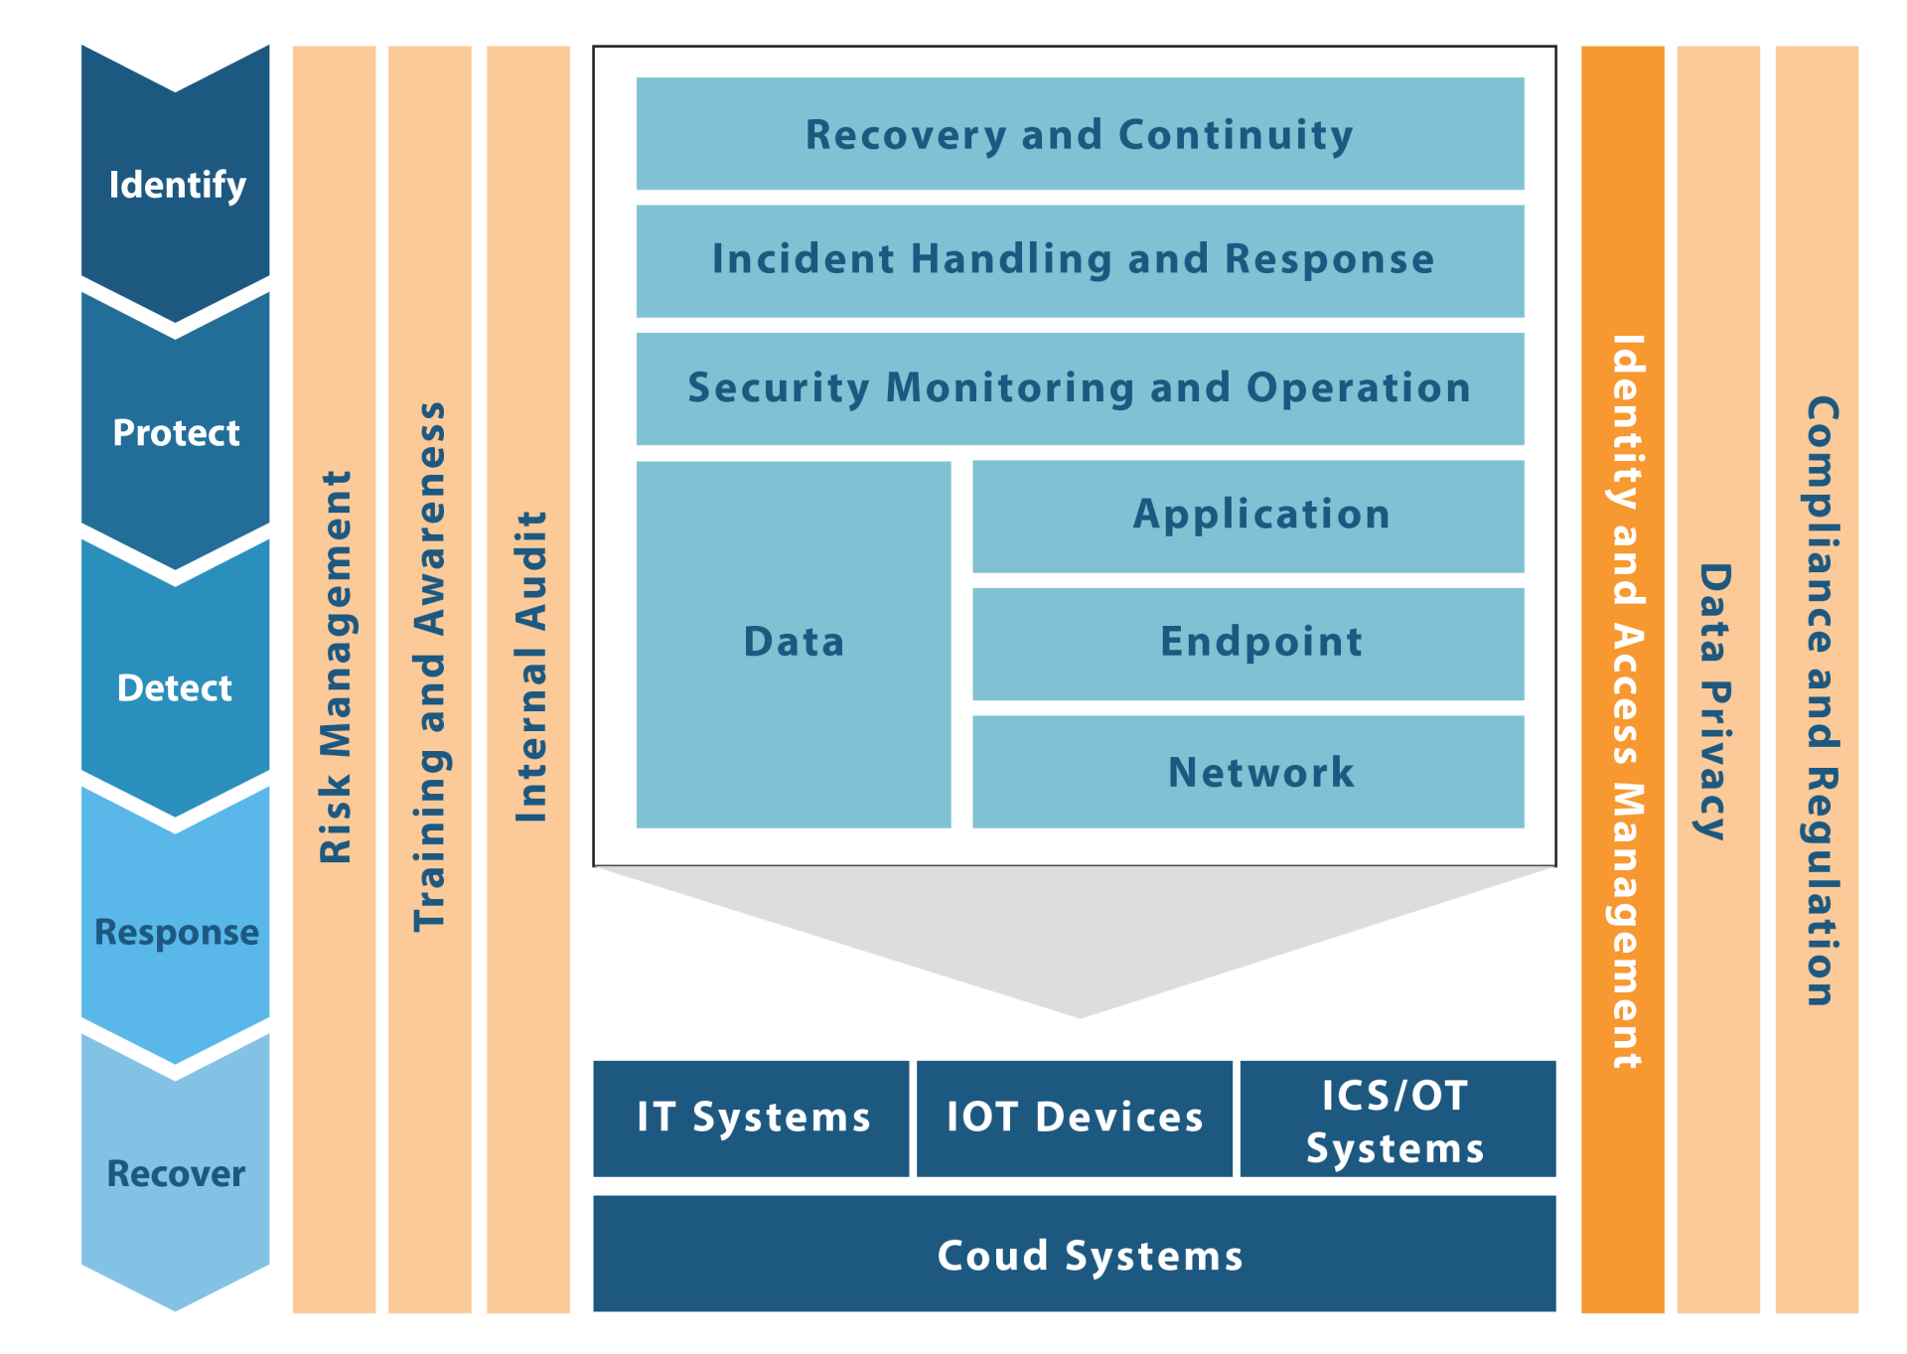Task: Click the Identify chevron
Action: point(176,185)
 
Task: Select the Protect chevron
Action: point(176,433)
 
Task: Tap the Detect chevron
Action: point(176,687)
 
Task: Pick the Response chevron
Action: point(176,932)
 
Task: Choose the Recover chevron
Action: point(176,1174)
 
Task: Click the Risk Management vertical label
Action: point(335,667)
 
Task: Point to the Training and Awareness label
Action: point(429,667)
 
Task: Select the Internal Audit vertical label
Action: point(529,667)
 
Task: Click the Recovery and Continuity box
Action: point(1080,134)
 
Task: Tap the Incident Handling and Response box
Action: point(1080,260)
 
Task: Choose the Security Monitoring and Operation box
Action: point(1080,388)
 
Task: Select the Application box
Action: point(1248,516)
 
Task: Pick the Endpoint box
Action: point(1248,643)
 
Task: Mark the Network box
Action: point(1248,772)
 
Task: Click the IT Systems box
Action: point(752,1118)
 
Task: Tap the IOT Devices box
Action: point(1075,1118)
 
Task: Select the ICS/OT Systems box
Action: point(1396,1119)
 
